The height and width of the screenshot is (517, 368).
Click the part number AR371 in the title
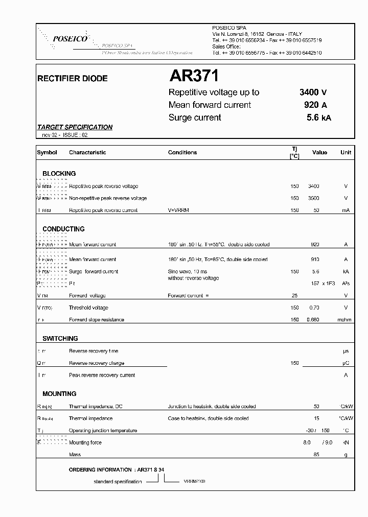(x=194, y=76)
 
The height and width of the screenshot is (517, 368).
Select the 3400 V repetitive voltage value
(x=313, y=92)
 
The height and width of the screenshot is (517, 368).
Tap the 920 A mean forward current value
(x=315, y=105)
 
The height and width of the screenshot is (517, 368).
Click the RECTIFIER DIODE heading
(x=73, y=79)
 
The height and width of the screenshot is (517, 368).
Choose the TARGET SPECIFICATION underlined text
(x=75, y=127)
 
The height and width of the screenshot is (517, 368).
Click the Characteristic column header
(x=87, y=152)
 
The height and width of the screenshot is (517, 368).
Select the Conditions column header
(x=182, y=152)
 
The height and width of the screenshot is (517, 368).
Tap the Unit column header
(x=346, y=152)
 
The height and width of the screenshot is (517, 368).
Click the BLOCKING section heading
(x=59, y=174)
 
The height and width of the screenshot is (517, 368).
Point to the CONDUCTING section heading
(x=63, y=229)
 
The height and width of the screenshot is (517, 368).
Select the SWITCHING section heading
(x=60, y=338)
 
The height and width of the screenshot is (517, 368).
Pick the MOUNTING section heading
(x=59, y=394)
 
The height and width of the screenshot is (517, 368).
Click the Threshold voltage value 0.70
(x=314, y=308)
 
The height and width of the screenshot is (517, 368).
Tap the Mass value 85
(x=316, y=455)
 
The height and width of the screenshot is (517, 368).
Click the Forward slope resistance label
(x=97, y=320)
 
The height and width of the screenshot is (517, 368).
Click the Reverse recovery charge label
(x=97, y=363)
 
